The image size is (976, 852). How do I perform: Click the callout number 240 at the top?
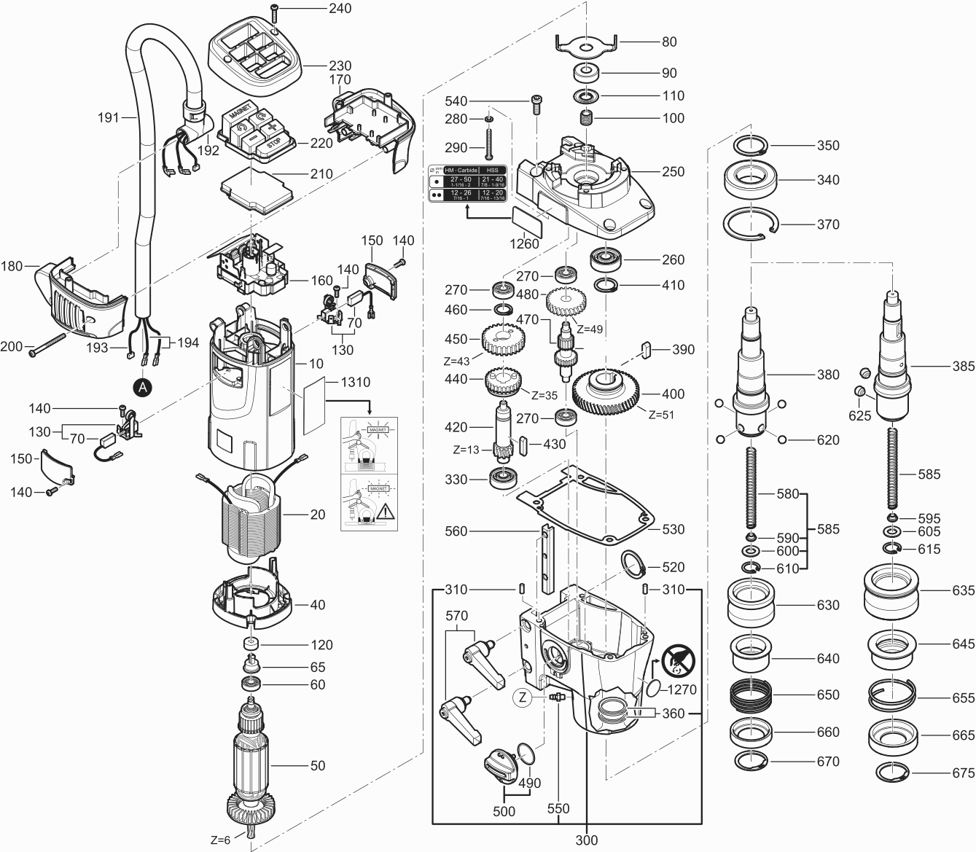[x=340, y=9]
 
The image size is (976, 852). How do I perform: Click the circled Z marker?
[x=523, y=697]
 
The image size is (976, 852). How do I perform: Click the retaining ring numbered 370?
[x=750, y=224]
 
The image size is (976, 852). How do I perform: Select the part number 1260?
[x=525, y=243]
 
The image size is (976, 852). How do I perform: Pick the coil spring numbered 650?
[x=751, y=695]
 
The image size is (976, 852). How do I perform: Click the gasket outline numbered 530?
[x=583, y=503]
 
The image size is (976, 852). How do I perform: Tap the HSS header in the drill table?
[x=493, y=170]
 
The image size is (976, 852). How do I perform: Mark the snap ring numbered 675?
[x=891, y=773]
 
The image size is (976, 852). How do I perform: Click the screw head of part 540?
[x=537, y=100]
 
